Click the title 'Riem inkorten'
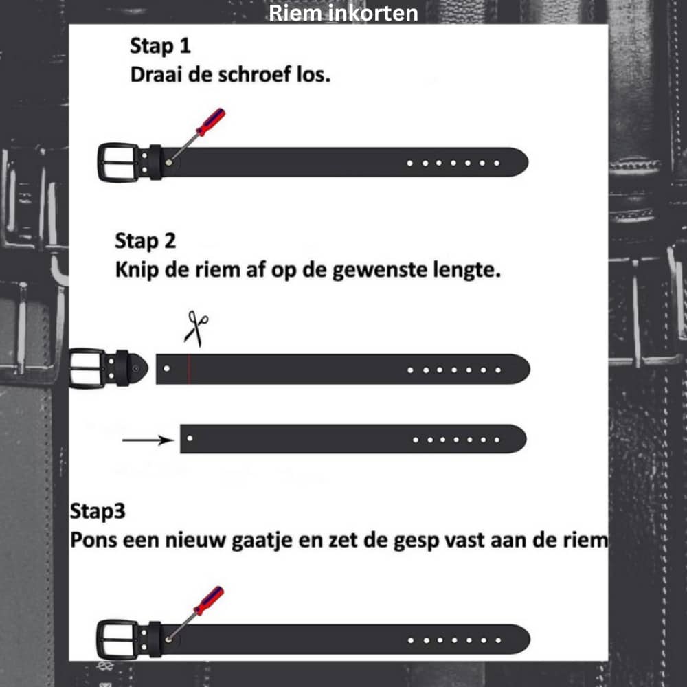pyautogui.click(x=343, y=12)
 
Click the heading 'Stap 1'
pyautogui.click(x=160, y=46)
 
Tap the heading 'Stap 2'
pyautogui.click(x=146, y=241)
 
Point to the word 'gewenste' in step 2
pyautogui.click(x=381, y=269)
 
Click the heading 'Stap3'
pyautogui.click(x=98, y=511)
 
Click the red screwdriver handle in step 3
pyautogui.click(x=209, y=600)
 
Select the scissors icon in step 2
pyautogui.click(x=196, y=328)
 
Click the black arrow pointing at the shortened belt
pyautogui.click(x=148, y=440)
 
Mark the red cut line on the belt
pyautogui.click(x=190, y=369)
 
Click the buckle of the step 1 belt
pyautogui.click(x=117, y=163)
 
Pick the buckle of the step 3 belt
pyautogui.click(x=117, y=640)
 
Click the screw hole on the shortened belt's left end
pyautogui.click(x=190, y=438)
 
